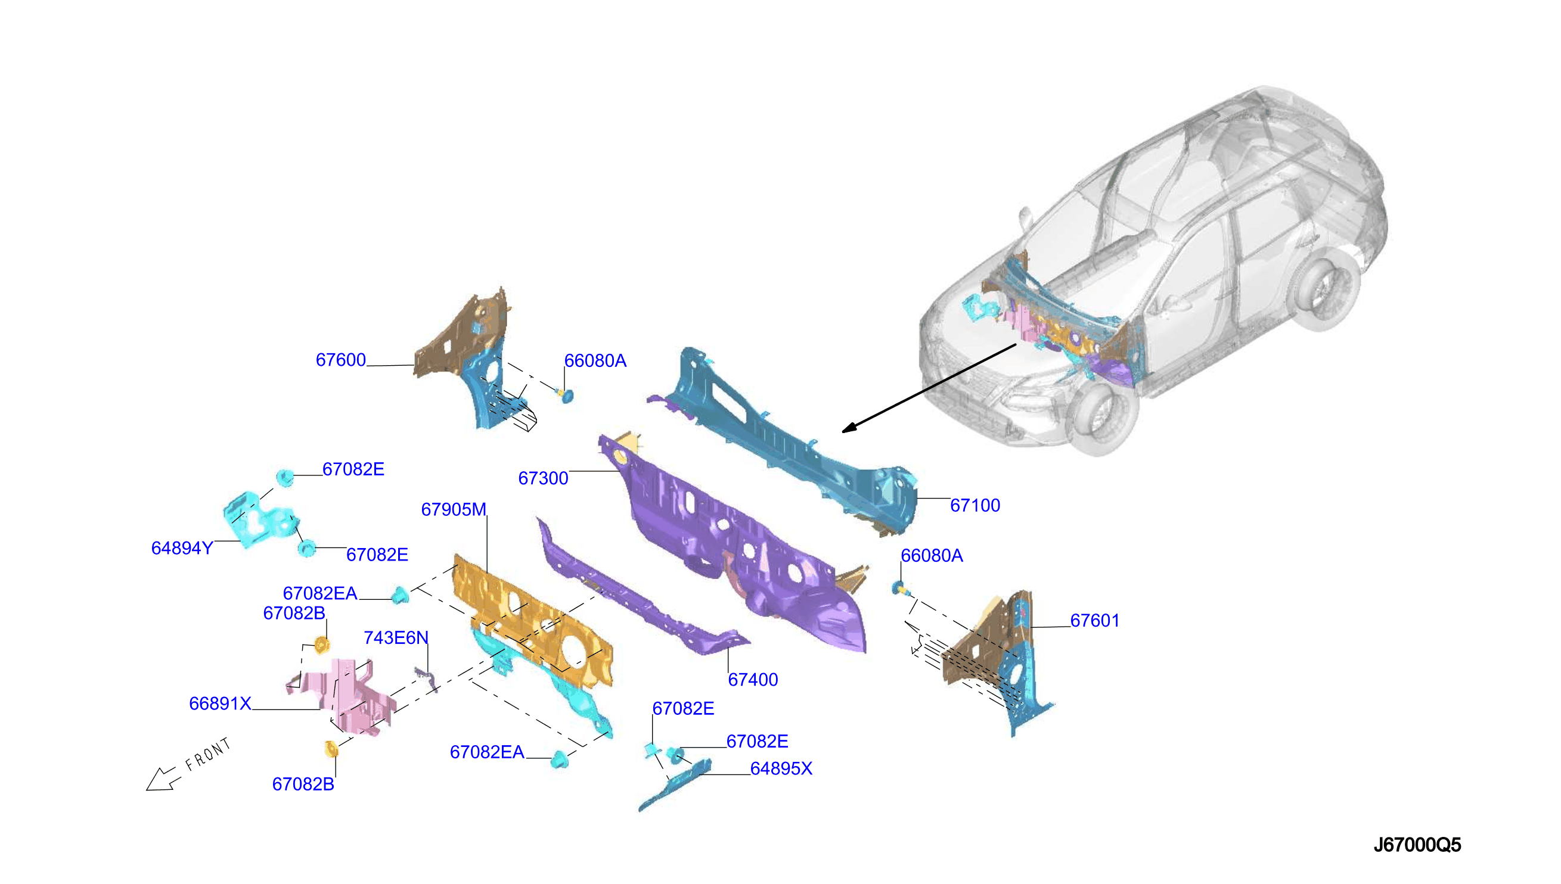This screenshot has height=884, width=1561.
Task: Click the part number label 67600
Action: [341, 360]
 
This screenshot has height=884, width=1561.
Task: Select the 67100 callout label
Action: [975, 505]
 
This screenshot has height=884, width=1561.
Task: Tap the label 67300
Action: [543, 478]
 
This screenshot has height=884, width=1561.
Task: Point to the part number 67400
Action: [753, 680]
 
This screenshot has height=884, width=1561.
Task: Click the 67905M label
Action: [454, 509]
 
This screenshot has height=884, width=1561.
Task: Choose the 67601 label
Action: [1094, 621]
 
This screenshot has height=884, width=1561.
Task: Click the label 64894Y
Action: [182, 548]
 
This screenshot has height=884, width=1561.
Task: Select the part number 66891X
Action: [220, 704]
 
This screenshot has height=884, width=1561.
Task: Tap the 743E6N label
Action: [396, 637]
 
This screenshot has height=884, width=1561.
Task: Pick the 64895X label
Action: [781, 768]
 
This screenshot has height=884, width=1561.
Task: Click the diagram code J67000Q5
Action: [1417, 845]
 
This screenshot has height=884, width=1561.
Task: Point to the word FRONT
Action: [208, 755]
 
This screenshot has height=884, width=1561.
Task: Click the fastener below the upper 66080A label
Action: [566, 396]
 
